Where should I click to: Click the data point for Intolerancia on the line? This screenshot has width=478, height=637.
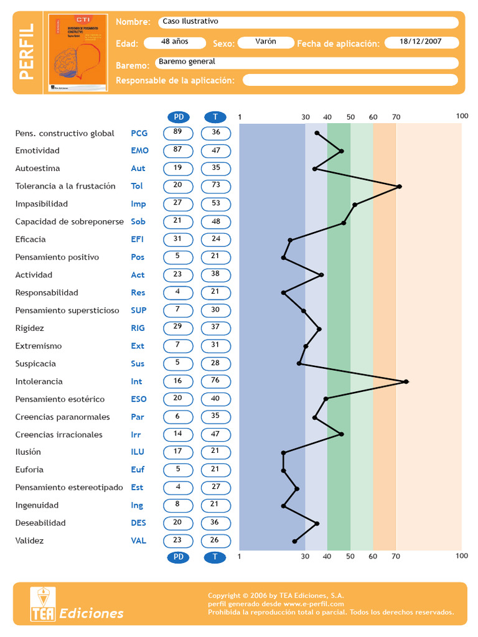coord(406,381)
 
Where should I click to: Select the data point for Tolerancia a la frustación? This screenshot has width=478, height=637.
coord(399,186)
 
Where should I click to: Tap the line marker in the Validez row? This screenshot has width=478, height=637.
coord(294,541)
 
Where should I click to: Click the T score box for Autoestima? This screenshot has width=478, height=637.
coord(216,169)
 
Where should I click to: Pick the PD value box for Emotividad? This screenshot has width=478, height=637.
coord(178,151)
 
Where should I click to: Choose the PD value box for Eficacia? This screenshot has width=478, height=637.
coord(178,239)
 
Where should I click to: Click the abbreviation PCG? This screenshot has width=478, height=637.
coord(139,133)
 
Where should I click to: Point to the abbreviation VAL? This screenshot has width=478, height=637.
coord(138,541)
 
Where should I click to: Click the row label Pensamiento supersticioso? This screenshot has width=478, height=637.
coord(67,310)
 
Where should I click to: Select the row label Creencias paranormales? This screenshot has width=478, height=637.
coord(62,417)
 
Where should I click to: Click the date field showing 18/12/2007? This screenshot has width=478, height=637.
coord(421,42)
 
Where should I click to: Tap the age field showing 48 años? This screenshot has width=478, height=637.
coord(174,42)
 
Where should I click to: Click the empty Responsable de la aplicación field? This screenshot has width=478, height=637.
coord(350,80)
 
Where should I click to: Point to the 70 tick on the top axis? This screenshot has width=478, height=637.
coord(396,117)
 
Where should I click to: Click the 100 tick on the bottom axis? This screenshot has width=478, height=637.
coord(462,556)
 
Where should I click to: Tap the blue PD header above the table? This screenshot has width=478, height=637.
coord(179,117)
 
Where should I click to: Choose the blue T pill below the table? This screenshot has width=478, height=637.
coord(215,557)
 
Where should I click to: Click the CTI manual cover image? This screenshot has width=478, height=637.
coord(78,53)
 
